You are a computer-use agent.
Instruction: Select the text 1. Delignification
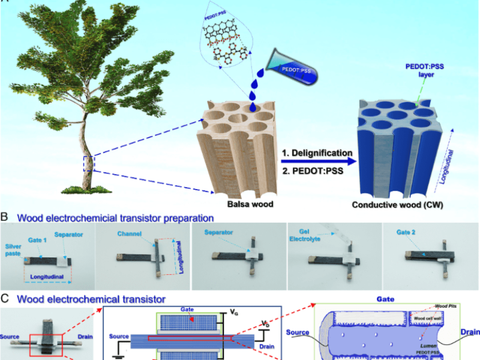coord(316,153)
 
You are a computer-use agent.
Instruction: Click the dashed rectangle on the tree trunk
coord(89,163)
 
